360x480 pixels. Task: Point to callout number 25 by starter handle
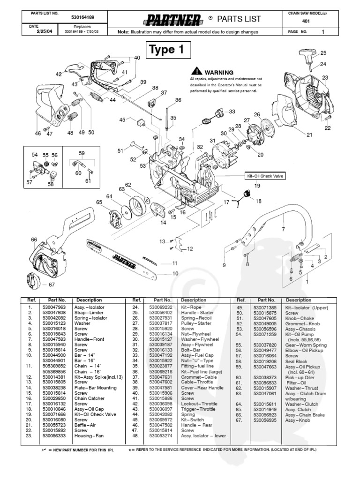click(x=323, y=53)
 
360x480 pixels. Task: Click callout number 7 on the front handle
click(x=283, y=230)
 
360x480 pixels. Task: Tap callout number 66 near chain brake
click(x=34, y=240)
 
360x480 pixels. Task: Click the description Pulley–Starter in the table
click(x=195, y=323)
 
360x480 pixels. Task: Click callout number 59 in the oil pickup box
click(x=82, y=153)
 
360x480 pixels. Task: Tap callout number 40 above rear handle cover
click(x=137, y=58)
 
